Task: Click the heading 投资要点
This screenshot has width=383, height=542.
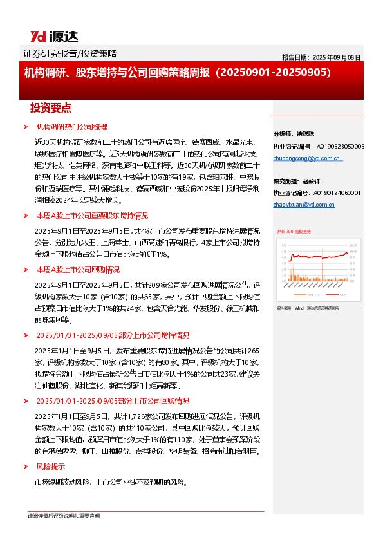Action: pyautogui.click(x=50, y=107)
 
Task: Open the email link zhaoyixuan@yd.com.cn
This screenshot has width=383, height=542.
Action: pyautogui.click(x=304, y=204)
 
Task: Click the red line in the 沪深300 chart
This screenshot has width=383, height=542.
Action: pyautogui.click(x=315, y=256)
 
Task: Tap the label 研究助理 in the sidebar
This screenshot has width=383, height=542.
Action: pyautogui.click(x=286, y=181)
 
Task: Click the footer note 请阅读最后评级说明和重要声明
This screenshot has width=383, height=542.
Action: pyautogui.click(x=64, y=516)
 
